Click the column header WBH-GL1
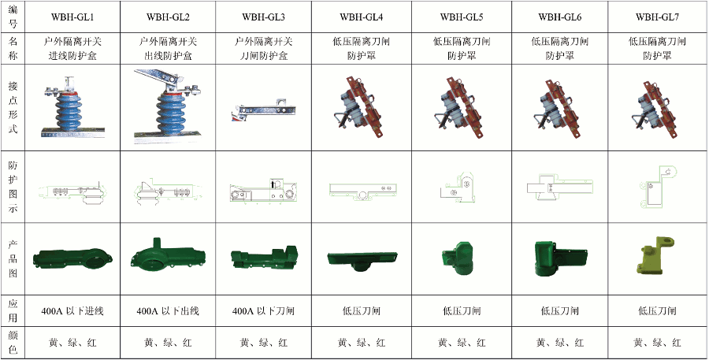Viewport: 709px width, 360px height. [72, 17]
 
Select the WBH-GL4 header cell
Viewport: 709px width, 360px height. [362, 17]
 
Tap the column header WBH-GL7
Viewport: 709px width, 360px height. [656, 17]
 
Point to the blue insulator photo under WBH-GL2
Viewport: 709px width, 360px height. [170, 106]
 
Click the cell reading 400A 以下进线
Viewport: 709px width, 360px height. [72, 310]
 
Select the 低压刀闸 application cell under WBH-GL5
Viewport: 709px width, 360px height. [461, 310]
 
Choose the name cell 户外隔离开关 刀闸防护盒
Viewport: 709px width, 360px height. [264, 48]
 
